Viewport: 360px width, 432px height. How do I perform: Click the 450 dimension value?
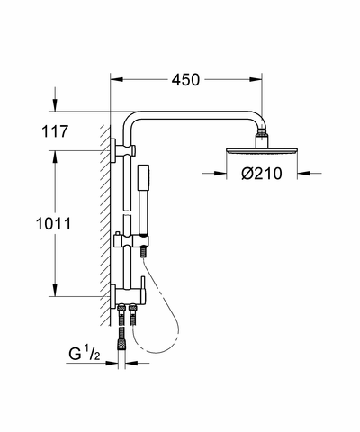(x=185, y=80)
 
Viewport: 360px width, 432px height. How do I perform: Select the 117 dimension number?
(x=55, y=131)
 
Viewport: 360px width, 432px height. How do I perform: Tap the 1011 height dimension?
(x=54, y=224)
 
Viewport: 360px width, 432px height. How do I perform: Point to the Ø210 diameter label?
(x=262, y=174)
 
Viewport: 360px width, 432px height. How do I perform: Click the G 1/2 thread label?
(x=84, y=354)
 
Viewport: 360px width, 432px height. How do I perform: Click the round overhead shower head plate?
(x=262, y=151)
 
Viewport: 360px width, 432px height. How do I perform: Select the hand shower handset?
(x=143, y=199)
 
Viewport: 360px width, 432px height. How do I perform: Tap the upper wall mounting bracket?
(x=123, y=150)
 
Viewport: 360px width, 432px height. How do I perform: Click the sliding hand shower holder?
(x=131, y=240)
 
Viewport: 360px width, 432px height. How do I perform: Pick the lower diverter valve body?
(x=128, y=295)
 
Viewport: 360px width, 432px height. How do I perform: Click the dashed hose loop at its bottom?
(x=156, y=352)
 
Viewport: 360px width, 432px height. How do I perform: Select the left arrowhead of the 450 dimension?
(x=117, y=79)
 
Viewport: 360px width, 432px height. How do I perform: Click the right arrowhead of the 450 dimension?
(x=256, y=79)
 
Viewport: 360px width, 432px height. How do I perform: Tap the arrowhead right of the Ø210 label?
(x=303, y=173)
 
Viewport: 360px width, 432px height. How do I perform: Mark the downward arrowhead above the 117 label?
(x=55, y=105)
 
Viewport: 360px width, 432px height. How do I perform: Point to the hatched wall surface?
(x=105, y=225)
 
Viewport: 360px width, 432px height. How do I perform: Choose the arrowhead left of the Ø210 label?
(x=220, y=173)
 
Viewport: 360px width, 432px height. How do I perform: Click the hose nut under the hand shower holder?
(x=144, y=251)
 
